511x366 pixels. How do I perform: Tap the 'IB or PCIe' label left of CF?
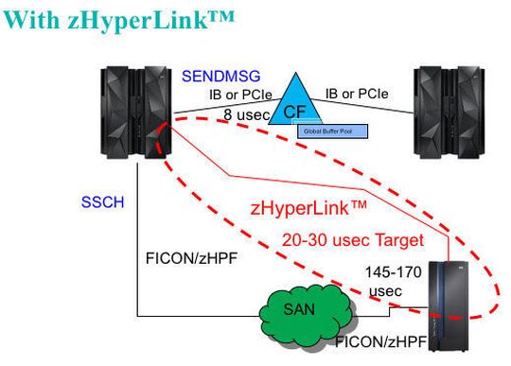point(241,95)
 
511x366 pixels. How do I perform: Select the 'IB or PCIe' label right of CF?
point(357,94)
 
